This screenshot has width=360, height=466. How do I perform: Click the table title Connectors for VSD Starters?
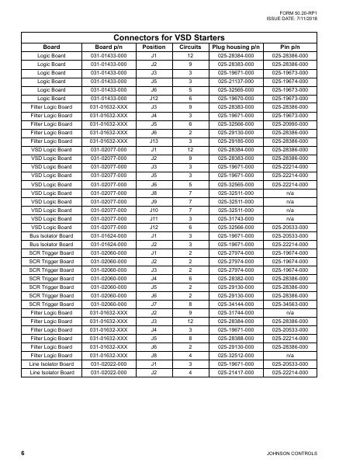179,37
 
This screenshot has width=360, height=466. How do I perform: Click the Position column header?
154,47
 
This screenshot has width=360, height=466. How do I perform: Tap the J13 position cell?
154,141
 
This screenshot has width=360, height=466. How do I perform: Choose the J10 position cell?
154,210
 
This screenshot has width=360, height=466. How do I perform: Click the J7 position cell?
154,304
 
